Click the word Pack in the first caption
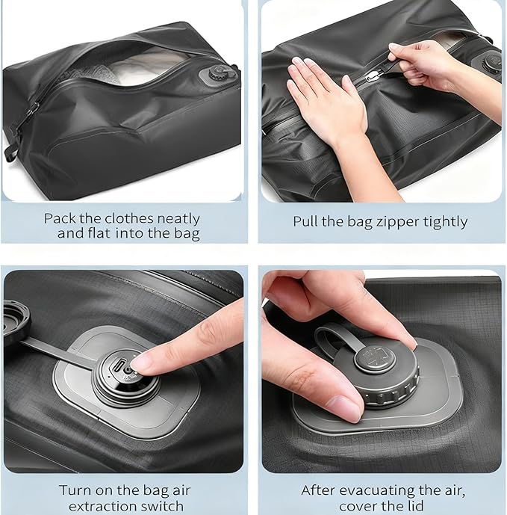pyautogui.click(x=58, y=219)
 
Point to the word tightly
pyautogui.click(x=443, y=222)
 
